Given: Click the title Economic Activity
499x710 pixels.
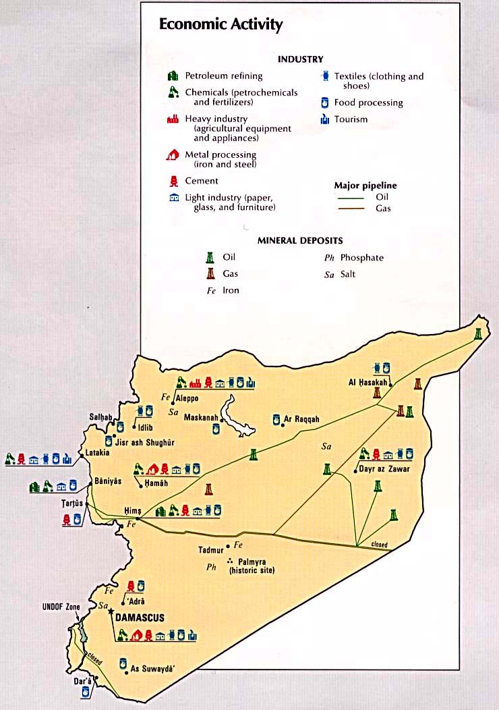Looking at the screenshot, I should [221, 25].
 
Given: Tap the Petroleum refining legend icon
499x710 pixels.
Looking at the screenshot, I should [173, 76].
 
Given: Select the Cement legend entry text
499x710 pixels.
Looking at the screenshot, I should [202, 181].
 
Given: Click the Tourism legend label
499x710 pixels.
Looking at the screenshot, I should [351, 119].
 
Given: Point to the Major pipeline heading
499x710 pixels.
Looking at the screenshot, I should [365, 185].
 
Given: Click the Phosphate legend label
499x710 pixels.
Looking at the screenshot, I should [361, 258].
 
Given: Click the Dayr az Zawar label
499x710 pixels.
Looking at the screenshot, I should [384, 468].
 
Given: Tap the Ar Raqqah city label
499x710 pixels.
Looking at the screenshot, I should [301, 419].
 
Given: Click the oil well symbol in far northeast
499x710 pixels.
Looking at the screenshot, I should [478, 335].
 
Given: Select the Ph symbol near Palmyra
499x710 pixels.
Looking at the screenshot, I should [210, 568].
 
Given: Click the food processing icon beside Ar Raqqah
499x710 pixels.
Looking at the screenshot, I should [276, 420].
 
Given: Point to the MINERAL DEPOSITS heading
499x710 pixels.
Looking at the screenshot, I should [300, 240].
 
